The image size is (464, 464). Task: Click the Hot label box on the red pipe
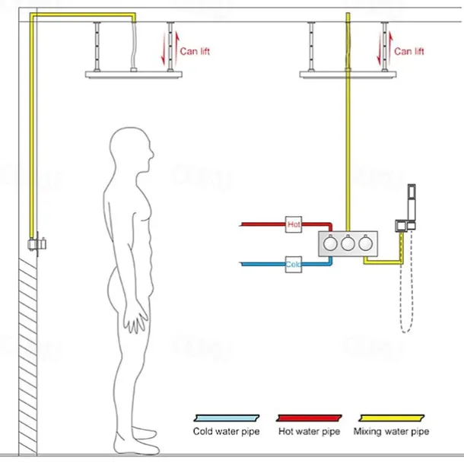pos(293,224)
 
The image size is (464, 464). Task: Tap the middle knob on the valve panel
pos(348,245)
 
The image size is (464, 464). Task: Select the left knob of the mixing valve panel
pos(330,245)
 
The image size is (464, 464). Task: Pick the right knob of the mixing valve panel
pos(367,245)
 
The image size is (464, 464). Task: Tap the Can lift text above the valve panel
pos(409,52)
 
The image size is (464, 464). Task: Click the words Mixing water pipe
pos(391,432)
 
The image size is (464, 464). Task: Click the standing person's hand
pos(137,319)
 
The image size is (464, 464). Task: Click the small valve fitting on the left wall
pos(35,244)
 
